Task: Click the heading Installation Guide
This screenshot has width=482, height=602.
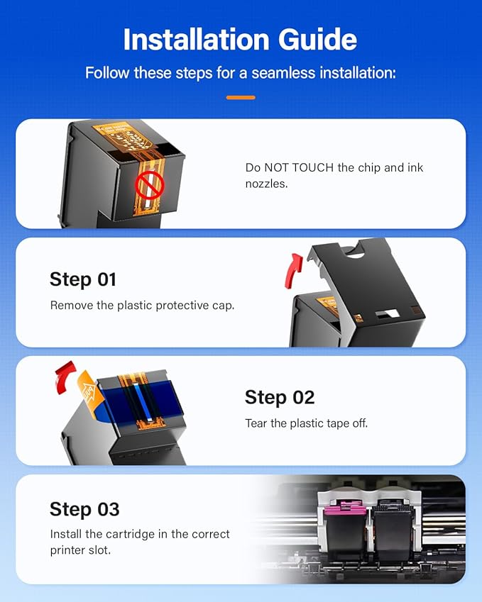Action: coord(241,39)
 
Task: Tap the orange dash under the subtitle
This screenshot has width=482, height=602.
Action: coord(241,97)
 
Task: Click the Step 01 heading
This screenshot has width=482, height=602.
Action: coord(82,279)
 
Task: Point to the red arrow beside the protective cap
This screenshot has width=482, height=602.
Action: coord(292,271)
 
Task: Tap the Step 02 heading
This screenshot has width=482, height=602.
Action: coord(279,397)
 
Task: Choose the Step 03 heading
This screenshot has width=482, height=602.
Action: coord(84,509)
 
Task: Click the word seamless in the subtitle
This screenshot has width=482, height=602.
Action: coord(283,73)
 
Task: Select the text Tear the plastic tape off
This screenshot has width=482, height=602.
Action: coord(306,423)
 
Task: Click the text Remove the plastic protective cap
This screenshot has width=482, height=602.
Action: coord(142,306)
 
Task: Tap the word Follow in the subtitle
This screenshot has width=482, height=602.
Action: coord(104,73)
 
